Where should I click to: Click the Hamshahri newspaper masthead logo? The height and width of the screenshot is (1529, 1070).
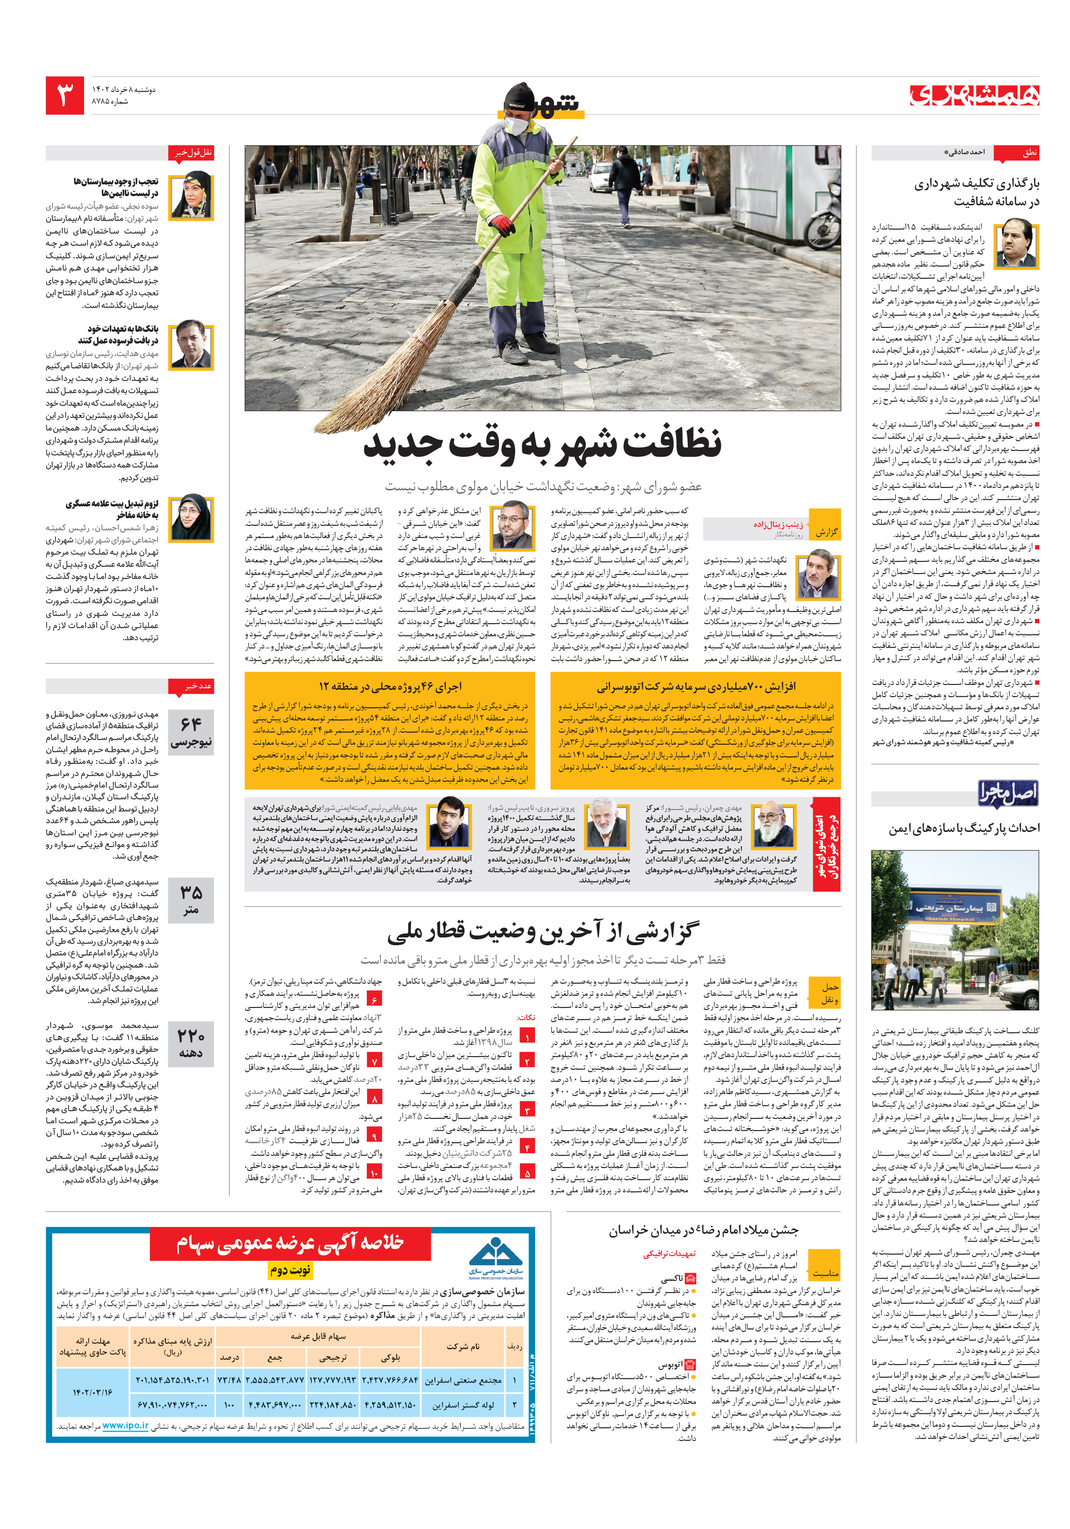[974, 95]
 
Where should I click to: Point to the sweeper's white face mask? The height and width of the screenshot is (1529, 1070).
[516, 125]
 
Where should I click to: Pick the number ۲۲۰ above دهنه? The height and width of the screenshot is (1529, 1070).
[191, 1036]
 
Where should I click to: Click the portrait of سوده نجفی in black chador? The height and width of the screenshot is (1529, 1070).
[192, 197]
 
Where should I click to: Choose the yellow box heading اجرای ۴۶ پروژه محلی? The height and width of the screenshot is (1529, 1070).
[390, 686]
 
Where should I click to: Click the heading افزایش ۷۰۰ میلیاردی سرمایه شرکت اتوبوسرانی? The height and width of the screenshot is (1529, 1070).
[696, 686]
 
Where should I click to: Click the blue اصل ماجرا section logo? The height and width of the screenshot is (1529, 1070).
[1007, 793]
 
